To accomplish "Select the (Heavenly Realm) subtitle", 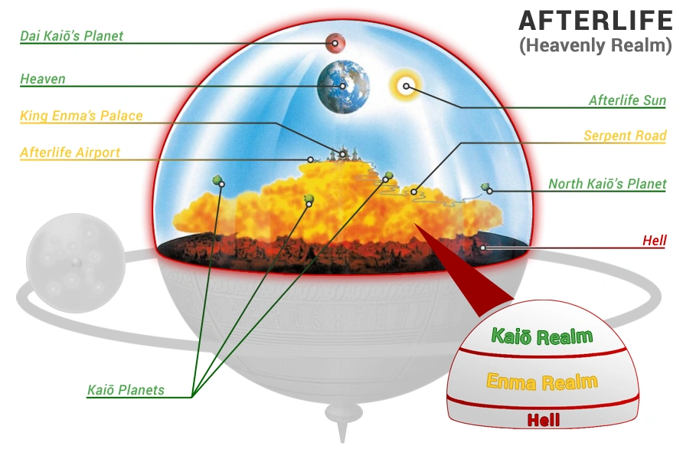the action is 595,45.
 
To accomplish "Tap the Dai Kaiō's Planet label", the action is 72,36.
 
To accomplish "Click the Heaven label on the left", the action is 43,79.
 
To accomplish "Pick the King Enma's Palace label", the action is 81,116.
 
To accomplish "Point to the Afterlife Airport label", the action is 70,153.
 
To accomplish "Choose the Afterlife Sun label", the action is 627,100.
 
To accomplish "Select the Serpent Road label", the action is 625,136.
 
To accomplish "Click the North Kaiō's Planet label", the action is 607,184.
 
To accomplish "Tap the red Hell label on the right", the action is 654,241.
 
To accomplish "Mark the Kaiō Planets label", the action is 126,390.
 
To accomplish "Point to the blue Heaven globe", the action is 344,85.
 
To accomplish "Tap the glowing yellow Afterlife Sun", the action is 406,86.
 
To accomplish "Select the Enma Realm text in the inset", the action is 542,382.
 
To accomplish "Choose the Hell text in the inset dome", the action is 544,419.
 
